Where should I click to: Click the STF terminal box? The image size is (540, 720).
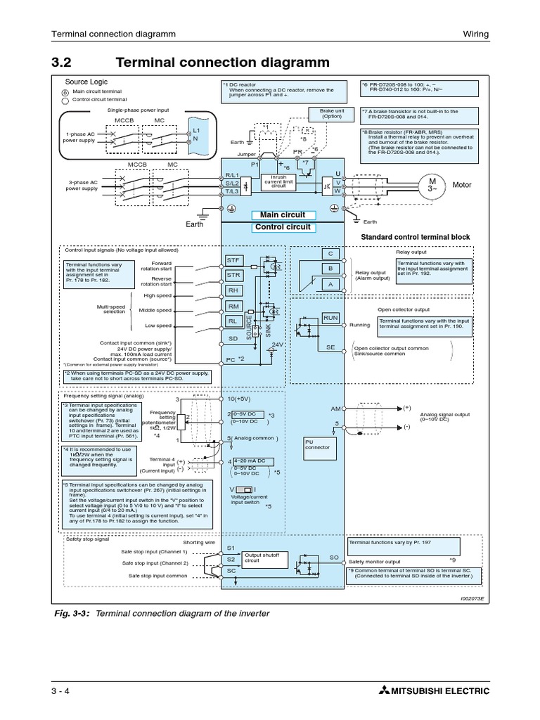click(x=233, y=260)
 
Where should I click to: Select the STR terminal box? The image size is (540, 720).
click(x=233, y=275)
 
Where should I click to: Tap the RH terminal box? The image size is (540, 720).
click(x=233, y=290)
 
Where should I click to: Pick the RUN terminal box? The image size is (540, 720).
click(x=330, y=319)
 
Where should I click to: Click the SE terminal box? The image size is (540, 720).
click(x=330, y=347)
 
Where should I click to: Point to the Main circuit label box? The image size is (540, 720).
click(x=283, y=215)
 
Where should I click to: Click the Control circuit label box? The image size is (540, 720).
click(x=283, y=227)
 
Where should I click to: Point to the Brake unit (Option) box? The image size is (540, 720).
click(x=330, y=114)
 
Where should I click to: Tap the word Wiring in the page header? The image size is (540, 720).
click(x=475, y=33)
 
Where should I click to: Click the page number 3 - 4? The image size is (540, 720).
click(x=62, y=691)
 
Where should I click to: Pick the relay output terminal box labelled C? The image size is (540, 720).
click(x=329, y=253)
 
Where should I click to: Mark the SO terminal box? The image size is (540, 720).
click(x=334, y=557)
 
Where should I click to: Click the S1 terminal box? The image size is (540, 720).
click(x=231, y=547)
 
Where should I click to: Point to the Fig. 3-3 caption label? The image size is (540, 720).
click(x=72, y=613)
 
